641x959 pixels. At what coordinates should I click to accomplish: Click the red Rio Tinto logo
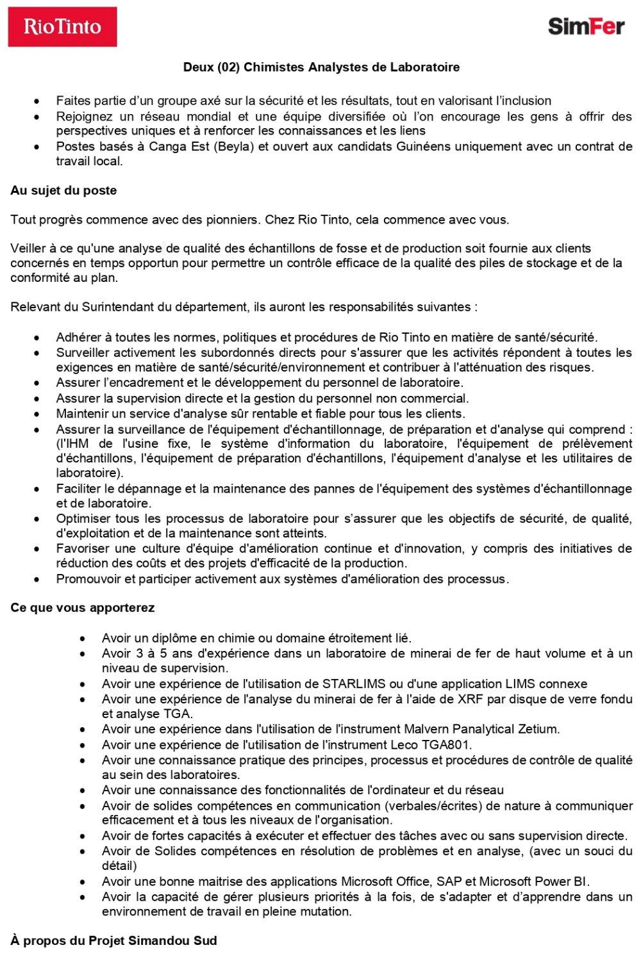(x=62, y=27)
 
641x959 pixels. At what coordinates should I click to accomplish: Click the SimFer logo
(x=586, y=26)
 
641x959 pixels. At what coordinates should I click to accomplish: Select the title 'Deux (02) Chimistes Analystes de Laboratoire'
(x=321, y=67)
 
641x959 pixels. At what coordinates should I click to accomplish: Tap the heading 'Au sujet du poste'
(x=63, y=190)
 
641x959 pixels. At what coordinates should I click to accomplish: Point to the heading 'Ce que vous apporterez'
(x=83, y=607)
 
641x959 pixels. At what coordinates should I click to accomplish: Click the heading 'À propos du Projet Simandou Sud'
(x=113, y=940)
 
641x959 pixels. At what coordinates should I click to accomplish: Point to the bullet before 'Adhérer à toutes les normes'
(x=37, y=338)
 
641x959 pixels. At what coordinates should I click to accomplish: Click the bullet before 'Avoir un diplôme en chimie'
(x=83, y=639)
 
